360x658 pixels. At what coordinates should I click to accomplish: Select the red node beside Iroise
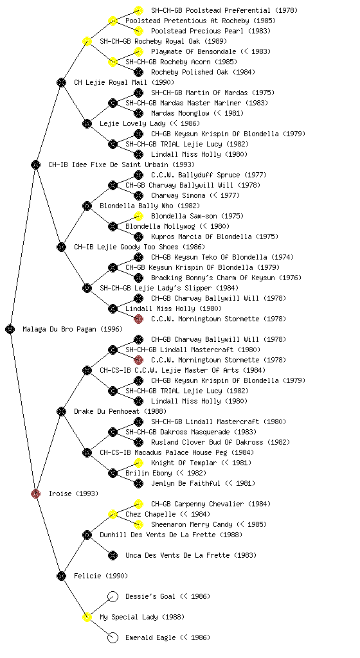pyautogui.click(x=35, y=493)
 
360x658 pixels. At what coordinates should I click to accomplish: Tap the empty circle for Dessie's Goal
pyautogui.click(x=113, y=596)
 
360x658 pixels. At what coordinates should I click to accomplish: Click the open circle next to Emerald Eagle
pyautogui.click(x=113, y=637)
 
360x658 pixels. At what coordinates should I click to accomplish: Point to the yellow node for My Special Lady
pyautogui.click(x=87, y=617)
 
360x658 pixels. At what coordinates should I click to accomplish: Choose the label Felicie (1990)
pyautogui.click(x=101, y=576)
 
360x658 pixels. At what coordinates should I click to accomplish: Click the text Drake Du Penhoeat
pyautogui.click(x=107, y=411)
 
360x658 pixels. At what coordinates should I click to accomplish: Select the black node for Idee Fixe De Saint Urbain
pyautogui.click(x=35, y=164)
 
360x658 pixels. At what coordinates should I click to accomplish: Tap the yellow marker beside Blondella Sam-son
pyautogui.click(x=138, y=216)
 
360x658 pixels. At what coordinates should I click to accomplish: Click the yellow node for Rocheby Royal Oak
pyautogui.click(x=87, y=41)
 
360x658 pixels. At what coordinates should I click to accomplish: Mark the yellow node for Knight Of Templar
pyautogui.click(x=138, y=463)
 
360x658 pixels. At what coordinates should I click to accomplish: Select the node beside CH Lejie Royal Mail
pyautogui.click(x=61, y=82)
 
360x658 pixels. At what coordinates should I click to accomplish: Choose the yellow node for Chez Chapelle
pyautogui.click(x=113, y=514)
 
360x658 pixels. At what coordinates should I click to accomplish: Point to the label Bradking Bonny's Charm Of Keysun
pyautogui.click(x=213, y=278)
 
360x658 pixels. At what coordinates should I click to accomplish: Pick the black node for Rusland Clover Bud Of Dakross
pyautogui.click(x=138, y=442)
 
